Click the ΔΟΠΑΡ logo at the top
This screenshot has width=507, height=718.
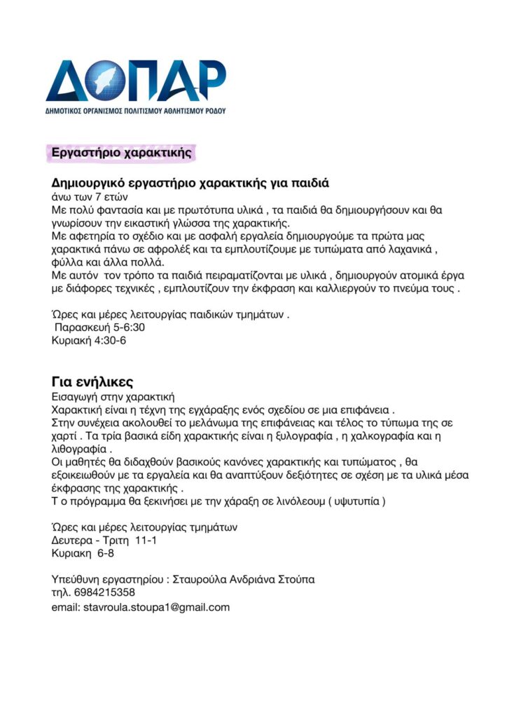(136, 87)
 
